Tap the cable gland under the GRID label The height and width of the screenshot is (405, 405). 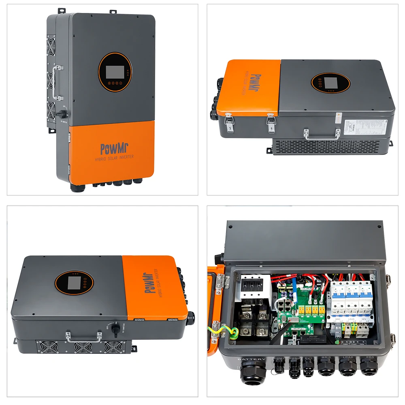point(325,369)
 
